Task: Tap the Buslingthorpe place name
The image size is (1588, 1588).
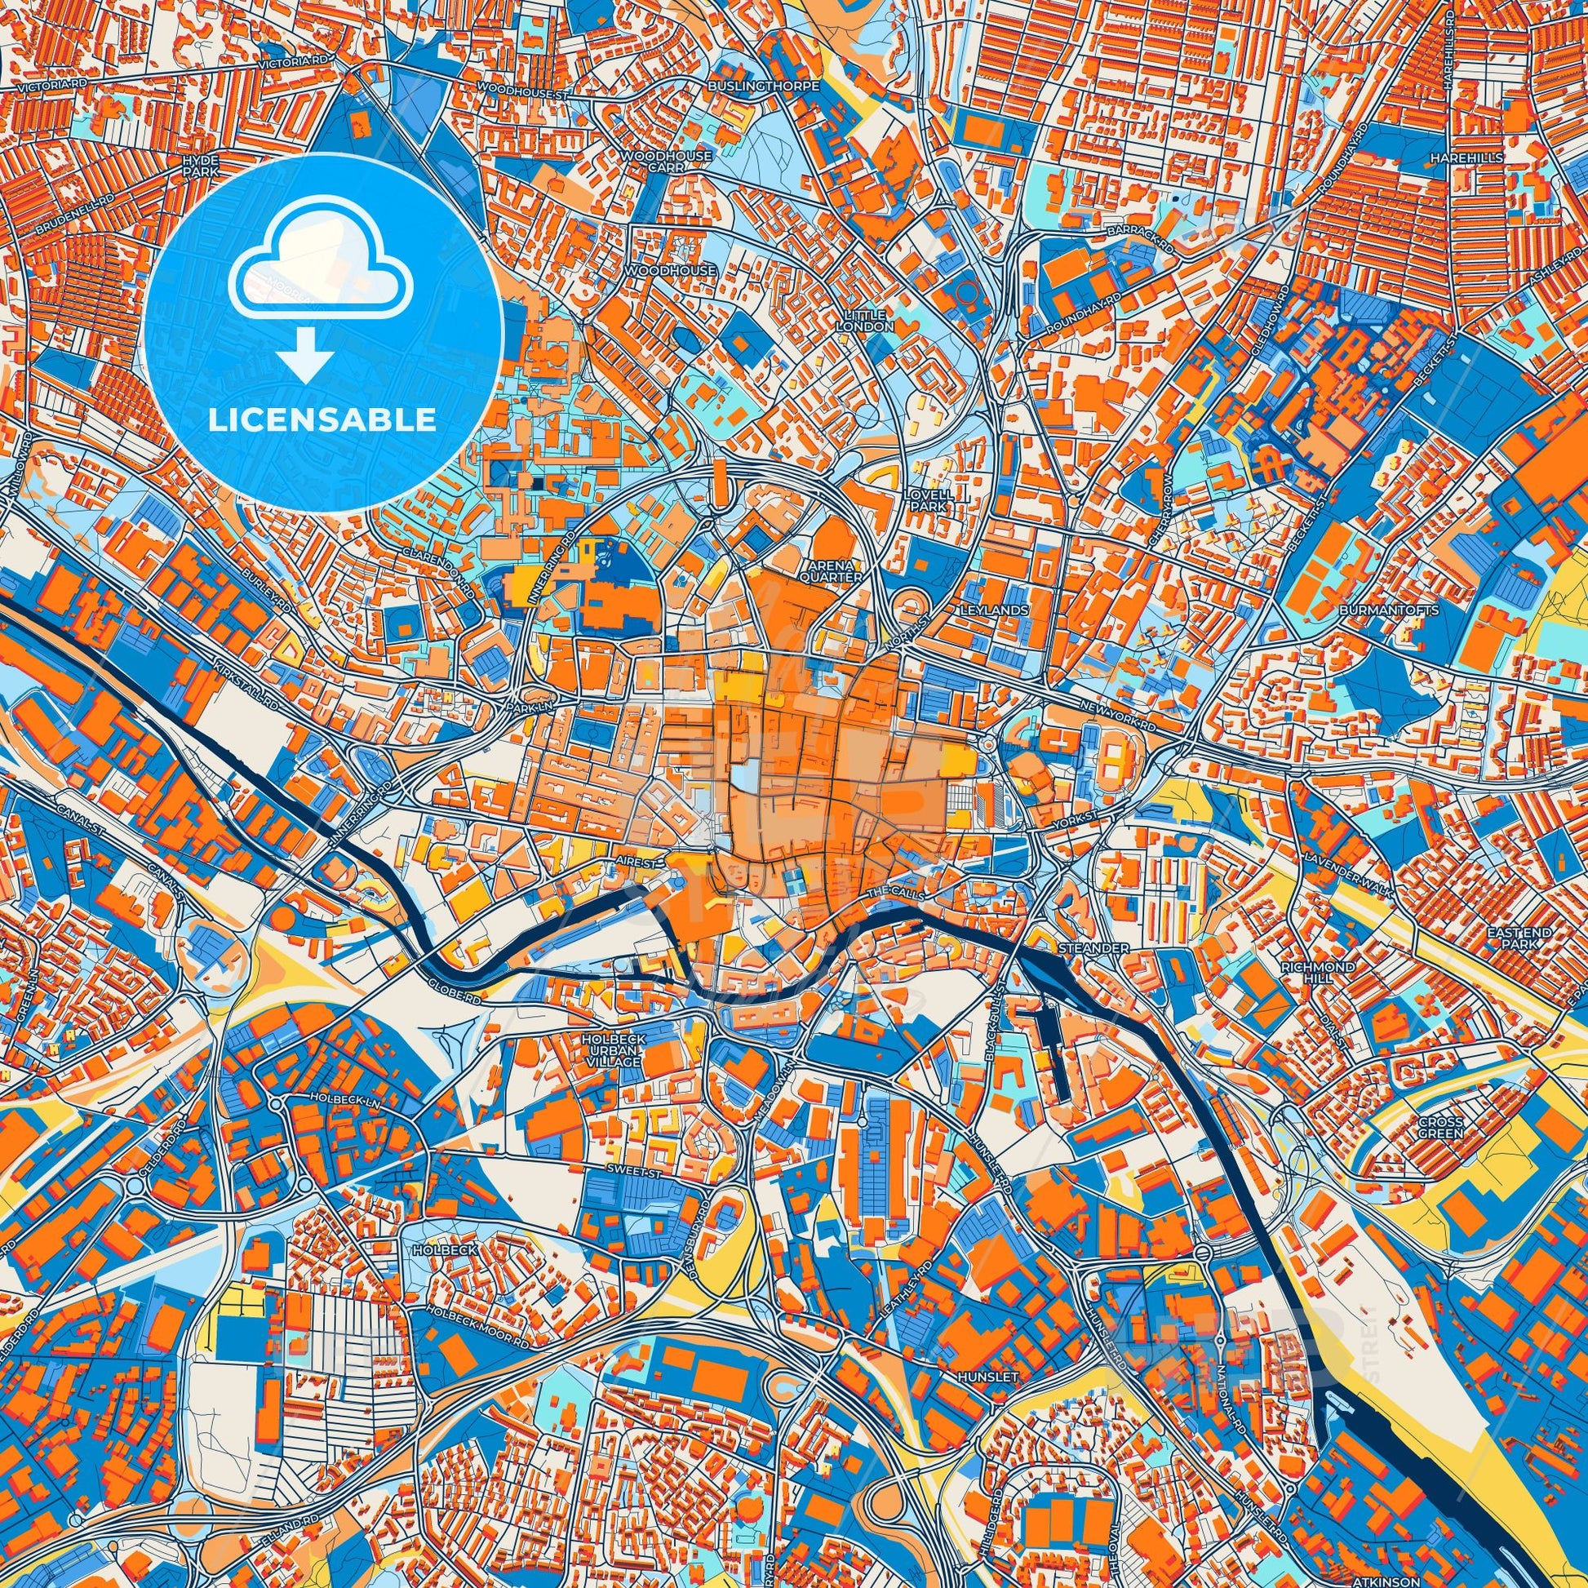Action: coord(765,86)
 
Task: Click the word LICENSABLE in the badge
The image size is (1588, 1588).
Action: coord(322,420)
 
